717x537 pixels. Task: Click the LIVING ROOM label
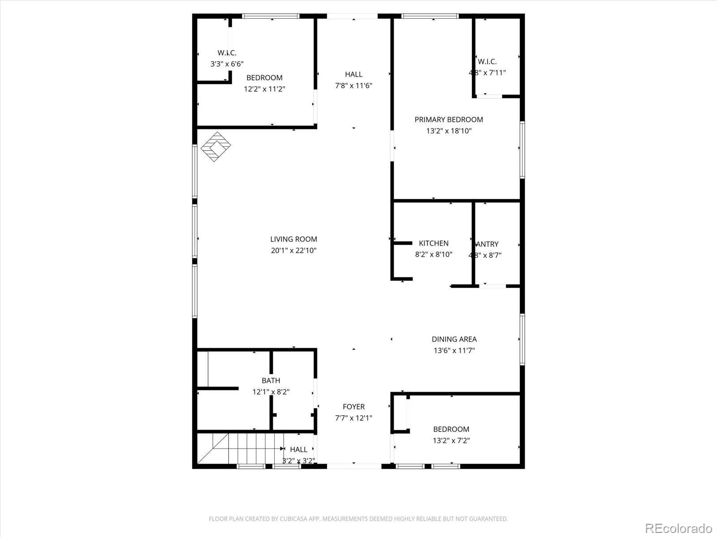pyautogui.click(x=294, y=239)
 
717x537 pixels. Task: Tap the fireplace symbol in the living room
pyautogui.click(x=216, y=146)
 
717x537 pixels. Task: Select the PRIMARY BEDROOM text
pyautogui.click(x=449, y=119)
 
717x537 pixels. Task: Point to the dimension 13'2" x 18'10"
pyautogui.click(x=449, y=131)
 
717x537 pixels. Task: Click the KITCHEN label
pyautogui.click(x=433, y=243)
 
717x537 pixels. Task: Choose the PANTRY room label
pyautogui.click(x=487, y=244)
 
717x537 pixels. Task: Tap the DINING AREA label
pyautogui.click(x=454, y=339)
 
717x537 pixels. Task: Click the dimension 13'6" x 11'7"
pyautogui.click(x=454, y=351)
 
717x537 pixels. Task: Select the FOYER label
pyautogui.click(x=354, y=407)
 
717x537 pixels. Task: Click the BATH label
pyautogui.click(x=271, y=381)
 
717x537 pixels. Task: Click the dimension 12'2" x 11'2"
pyautogui.click(x=264, y=89)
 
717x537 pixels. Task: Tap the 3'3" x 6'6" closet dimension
pyautogui.click(x=227, y=64)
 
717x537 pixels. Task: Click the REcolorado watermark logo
pyautogui.click(x=678, y=528)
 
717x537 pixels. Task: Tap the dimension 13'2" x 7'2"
pyautogui.click(x=451, y=441)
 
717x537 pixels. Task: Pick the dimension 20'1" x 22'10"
pyautogui.click(x=294, y=251)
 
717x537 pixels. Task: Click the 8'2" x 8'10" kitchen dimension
pyautogui.click(x=433, y=255)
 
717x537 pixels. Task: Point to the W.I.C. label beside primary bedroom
pyautogui.click(x=487, y=62)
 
